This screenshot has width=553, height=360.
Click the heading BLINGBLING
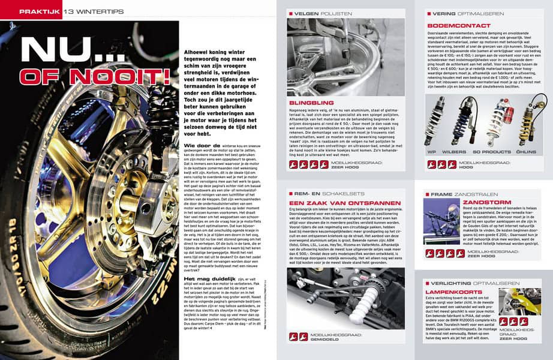pyautogui.click(x=310, y=102)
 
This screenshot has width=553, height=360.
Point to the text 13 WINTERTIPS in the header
pyautogui.click(x=86, y=11)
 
